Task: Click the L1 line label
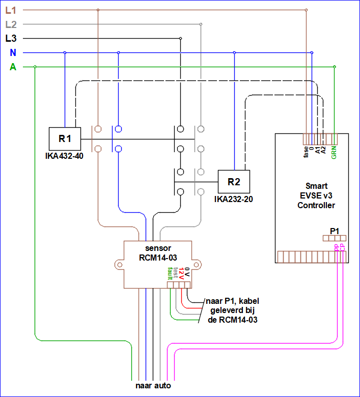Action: [x=11, y=10]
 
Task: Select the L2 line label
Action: [x=11, y=24]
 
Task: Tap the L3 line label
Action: [x=11, y=39]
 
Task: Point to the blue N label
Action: [x=13, y=52]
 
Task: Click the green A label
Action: [x=13, y=67]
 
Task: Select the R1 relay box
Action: [x=65, y=139]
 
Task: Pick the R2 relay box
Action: [x=234, y=182]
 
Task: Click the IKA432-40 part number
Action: [x=64, y=156]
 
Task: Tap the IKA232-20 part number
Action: [x=234, y=199]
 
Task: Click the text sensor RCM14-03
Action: [x=158, y=253]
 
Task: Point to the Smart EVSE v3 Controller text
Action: [x=316, y=195]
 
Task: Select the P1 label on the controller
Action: [x=335, y=231]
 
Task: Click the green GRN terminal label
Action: [x=334, y=152]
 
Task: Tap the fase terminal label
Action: [x=306, y=152]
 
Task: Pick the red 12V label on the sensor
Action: [x=181, y=273]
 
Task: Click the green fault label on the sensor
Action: [x=170, y=273]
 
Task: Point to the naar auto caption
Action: [x=153, y=386]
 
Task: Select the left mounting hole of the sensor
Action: [x=120, y=265]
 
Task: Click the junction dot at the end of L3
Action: [x=180, y=39]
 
